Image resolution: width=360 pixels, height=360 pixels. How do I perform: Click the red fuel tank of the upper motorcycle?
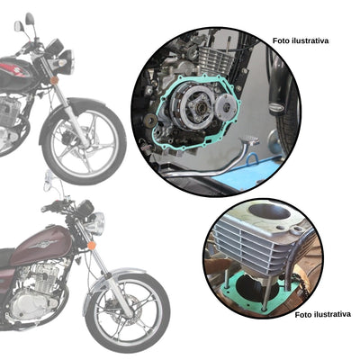[16, 68]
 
